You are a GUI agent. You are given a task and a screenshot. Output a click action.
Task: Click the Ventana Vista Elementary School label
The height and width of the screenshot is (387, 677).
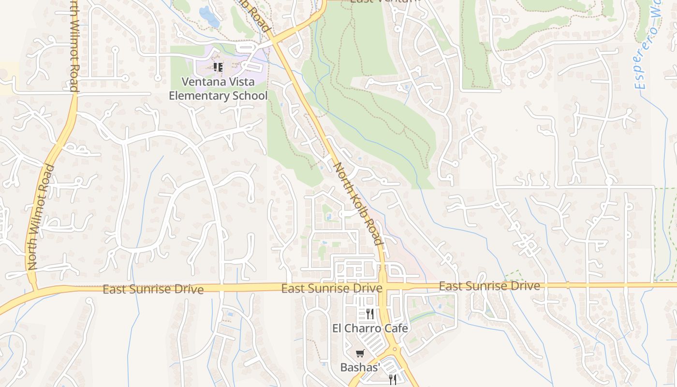point(218,89)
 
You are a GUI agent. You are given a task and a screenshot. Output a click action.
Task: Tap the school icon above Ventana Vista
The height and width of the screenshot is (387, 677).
point(218,67)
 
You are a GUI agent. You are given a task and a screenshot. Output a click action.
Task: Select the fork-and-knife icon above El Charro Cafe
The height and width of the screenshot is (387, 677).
point(370,314)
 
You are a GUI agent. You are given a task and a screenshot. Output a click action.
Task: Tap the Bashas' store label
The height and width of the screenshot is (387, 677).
point(361,367)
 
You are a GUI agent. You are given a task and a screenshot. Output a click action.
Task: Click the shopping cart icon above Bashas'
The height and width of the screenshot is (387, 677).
point(360,354)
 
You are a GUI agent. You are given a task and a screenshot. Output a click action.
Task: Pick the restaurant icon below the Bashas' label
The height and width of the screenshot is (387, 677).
point(393,379)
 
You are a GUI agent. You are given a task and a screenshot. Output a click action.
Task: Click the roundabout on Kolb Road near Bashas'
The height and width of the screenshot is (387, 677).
point(395,349)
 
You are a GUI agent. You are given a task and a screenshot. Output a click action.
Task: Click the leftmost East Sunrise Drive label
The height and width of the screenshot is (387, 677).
point(153,289)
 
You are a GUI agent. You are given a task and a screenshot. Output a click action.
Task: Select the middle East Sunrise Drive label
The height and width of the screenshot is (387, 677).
point(332,288)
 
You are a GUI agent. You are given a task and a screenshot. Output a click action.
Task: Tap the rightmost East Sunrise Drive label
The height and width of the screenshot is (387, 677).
point(489,286)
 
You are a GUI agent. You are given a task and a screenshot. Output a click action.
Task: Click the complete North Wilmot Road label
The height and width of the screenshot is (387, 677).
point(41,217)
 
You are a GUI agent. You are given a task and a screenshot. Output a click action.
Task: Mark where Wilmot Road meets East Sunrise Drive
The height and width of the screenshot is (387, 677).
point(34,289)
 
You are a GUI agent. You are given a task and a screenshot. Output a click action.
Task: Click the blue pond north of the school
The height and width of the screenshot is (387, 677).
point(209,16)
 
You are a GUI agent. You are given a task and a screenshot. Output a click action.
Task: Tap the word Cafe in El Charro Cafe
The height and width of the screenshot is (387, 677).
point(397,328)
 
